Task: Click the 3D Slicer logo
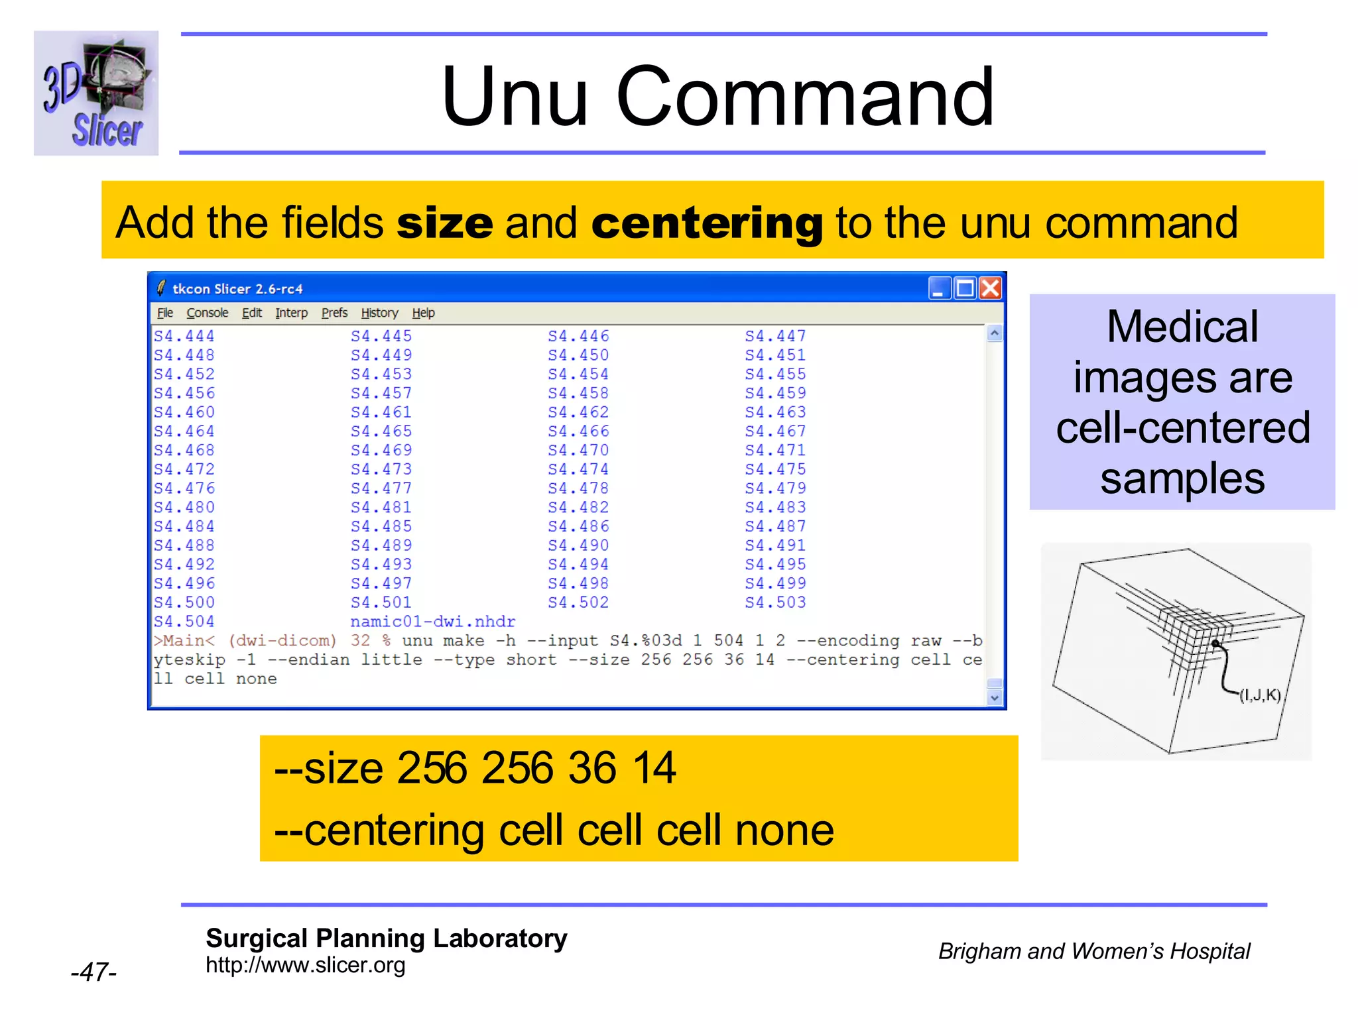point(96,93)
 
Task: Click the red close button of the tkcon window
point(990,288)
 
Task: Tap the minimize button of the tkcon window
point(939,288)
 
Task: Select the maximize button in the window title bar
point(965,288)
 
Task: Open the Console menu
point(207,313)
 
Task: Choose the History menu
point(379,313)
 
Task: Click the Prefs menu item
point(334,313)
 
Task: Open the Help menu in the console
point(423,313)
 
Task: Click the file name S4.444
point(184,336)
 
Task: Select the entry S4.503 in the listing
point(775,602)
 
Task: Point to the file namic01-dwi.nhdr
point(432,622)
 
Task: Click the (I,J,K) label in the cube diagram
point(1260,695)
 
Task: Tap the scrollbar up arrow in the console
point(994,333)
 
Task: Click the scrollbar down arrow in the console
point(994,697)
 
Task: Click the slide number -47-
point(93,972)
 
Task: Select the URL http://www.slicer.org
point(305,965)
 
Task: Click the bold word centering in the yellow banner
point(707,223)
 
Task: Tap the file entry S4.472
point(184,469)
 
